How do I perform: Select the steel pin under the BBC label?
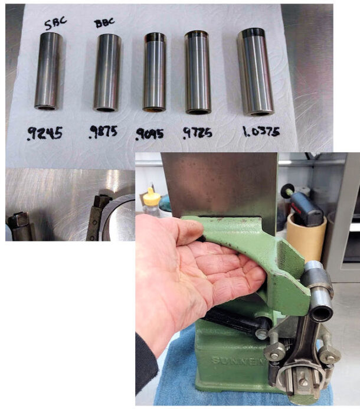click(x=107, y=73)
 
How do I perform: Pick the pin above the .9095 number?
click(x=155, y=72)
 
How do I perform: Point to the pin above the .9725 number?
click(x=198, y=72)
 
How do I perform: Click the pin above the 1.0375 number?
click(x=256, y=71)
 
